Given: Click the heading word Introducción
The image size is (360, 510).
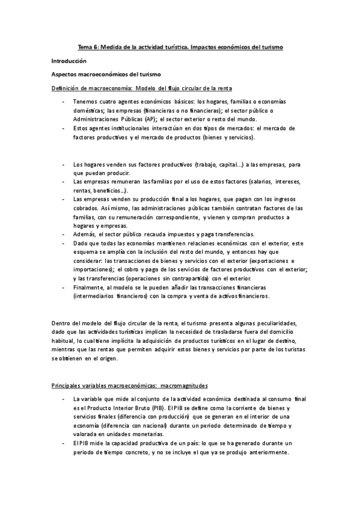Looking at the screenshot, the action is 69,61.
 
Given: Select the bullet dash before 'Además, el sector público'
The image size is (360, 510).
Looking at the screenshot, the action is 64,234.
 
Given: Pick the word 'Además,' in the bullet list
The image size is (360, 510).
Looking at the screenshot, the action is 84,234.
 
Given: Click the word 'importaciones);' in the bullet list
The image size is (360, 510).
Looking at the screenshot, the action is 93,270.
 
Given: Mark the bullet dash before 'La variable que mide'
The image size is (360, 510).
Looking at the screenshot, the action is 64,398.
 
